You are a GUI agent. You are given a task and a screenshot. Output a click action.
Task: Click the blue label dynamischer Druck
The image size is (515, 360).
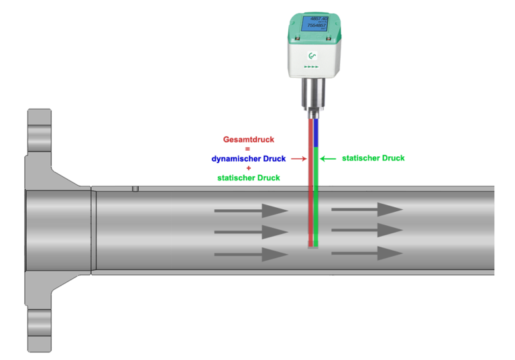click(x=249, y=159)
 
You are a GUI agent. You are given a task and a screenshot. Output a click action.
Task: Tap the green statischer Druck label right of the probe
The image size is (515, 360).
click(x=374, y=159)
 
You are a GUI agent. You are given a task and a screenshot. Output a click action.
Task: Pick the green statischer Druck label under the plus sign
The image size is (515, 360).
click(x=249, y=178)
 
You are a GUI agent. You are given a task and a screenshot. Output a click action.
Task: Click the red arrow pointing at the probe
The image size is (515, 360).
click(x=299, y=159)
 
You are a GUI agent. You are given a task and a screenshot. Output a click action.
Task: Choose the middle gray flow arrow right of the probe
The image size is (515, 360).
click(x=367, y=231)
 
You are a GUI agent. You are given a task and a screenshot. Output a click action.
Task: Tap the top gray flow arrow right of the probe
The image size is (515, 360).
click(x=367, y=209)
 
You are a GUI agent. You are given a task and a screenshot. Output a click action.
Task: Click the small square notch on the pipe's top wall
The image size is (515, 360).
click(x=135, y=188)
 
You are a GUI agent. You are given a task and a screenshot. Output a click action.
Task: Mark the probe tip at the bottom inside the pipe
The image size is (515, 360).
click(x=313, y=245)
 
